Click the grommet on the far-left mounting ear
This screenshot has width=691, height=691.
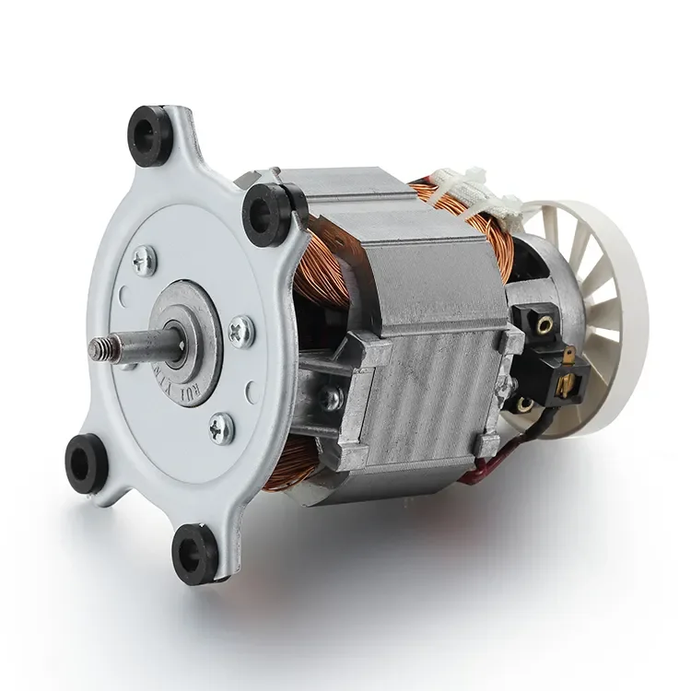click(x=86, y=458)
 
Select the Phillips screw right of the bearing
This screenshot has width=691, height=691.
click(x=241, y=327)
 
